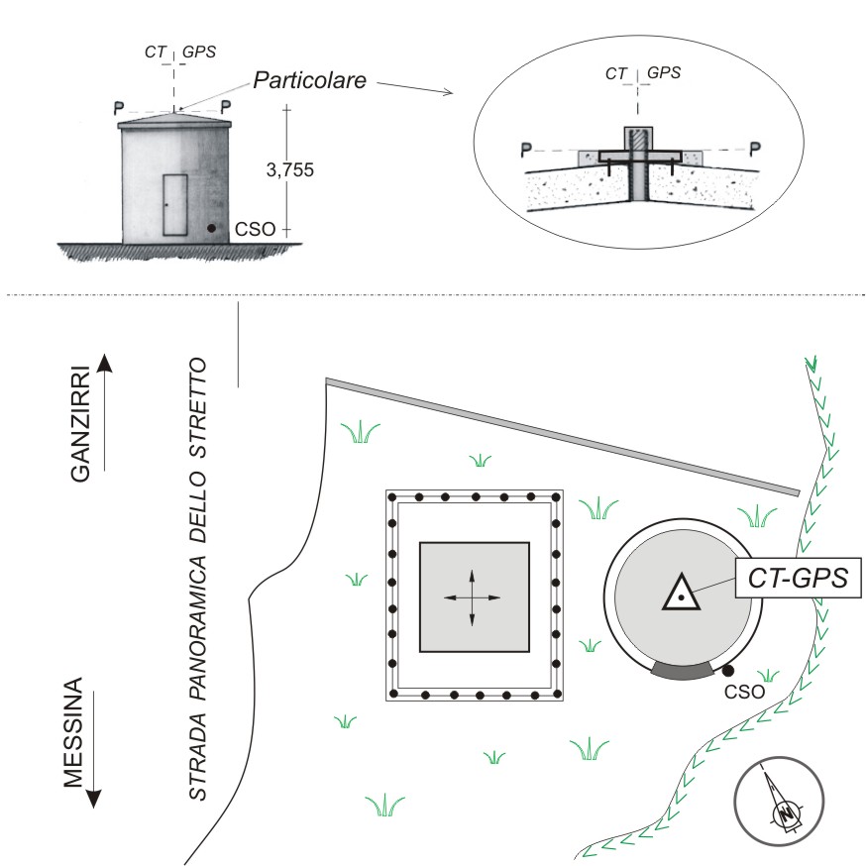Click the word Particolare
[310, 80]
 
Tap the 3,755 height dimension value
[290, 169]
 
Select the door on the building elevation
[175, 203]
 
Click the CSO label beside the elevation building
[249, 230]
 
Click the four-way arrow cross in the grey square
[472, 597]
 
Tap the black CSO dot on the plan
[728, 671]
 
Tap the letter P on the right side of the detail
[756, 149]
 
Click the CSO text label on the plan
[744, 692]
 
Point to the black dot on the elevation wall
[212, 228]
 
